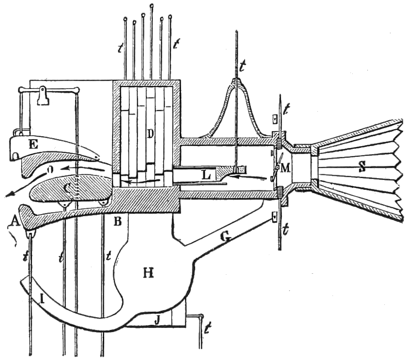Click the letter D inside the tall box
click(150, 134)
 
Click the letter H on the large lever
click(149, 273)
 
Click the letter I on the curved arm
click(43, 298)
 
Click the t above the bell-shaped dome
click(241, 66)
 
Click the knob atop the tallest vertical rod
click(151, 6)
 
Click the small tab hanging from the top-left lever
click(43, 97)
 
